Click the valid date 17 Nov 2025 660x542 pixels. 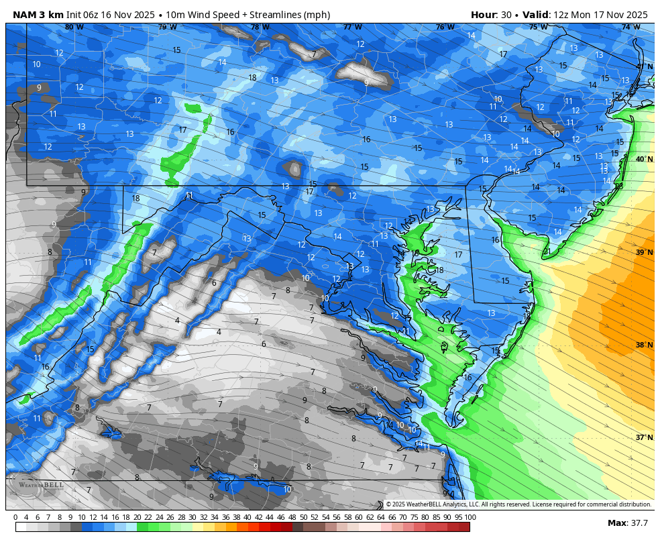(x=616, y=15)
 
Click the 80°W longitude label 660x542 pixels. (x=74, y=28)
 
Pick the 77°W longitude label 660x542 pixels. (x=352, y=28)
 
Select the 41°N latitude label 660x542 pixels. (x=644, y=66)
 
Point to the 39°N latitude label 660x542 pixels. (x=644, y=252)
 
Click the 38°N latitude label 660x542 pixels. (x=644, y=345)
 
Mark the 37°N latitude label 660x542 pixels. (x=644, y=437)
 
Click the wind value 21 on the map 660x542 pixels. (x=547, y=252)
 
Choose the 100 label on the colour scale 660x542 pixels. (x=470, y=517)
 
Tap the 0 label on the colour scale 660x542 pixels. (x=15, y=517)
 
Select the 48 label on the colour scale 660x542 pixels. (x=292, y=517)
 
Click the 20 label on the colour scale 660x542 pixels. (x=137, y=517)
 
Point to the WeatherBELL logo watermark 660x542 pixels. (x=37, y=485)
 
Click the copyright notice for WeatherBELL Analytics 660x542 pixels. (x=518, y=504)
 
